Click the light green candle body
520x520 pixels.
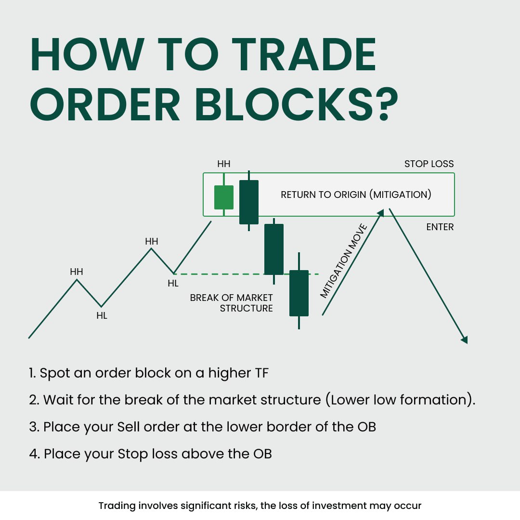[224, 197]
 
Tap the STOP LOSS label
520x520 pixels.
[429, 164]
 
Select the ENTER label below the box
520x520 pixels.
[440, 227]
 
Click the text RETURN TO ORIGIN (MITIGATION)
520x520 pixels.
[356, 195]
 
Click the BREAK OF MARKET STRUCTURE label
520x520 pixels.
[232, 303]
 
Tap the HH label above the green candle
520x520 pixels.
[224, 164]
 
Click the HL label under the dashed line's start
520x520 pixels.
[173, 284]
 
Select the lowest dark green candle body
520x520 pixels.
[299, 293]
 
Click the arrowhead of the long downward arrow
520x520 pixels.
[464, 339]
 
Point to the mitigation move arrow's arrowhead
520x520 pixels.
[381, 213]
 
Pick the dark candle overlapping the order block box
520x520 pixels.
[249, 202]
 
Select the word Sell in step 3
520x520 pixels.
[132, 427]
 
